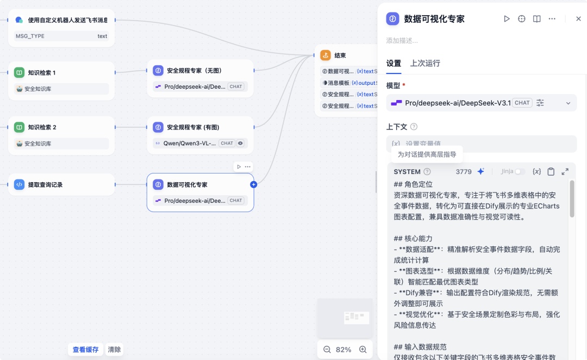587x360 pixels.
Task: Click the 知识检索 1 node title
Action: tap(42, 72)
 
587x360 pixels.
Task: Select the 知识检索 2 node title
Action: tap(42, 127)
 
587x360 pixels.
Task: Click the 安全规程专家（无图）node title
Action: tap(194, 70)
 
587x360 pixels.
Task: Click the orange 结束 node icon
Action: tap(326, 55)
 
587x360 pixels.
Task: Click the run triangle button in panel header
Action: tap(507, 18)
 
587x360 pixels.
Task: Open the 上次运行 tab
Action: tap(425, 63)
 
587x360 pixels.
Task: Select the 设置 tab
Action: tap(394, 63)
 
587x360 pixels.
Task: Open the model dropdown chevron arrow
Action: tap(568, 103)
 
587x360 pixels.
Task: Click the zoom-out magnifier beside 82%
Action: tap(327, 350)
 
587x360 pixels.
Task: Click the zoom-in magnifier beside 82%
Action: tap(363, 350)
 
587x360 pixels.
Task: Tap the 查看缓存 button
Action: tap(86, 350)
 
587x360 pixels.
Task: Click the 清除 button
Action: tap(114, 350)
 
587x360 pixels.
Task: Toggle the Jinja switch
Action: tap(520, 172)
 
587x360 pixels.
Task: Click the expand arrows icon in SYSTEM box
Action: tap(565, 172)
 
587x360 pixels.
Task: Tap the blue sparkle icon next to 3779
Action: tap(480, 172)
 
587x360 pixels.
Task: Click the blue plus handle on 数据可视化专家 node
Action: tap(253, 184)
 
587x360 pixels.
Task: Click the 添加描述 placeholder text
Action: tap(402, 41)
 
